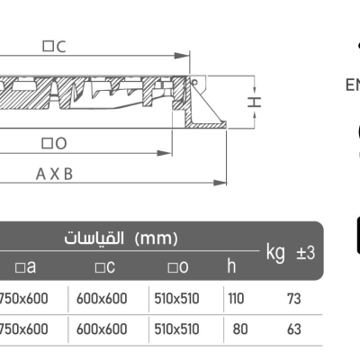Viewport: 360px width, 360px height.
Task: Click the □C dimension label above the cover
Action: tap(54, 47)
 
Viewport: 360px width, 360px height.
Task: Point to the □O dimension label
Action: tap(54, 143)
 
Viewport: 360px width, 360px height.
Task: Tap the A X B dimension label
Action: tap(54, 175)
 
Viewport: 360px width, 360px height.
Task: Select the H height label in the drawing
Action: tap(255, 102)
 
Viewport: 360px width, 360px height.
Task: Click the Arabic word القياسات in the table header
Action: tap(94, 239)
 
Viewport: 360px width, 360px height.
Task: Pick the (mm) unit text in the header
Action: tap(157, 239)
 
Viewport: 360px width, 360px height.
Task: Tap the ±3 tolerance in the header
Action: tap(305, 253)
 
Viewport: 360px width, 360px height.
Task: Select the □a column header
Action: tap(24, 267)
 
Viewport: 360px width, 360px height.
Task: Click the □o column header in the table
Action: tap(176, 267)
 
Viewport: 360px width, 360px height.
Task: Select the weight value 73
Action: tap(294, 299)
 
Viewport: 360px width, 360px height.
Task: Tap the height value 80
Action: tap(240, 329)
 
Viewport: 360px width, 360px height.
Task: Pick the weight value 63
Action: tap(294, 329)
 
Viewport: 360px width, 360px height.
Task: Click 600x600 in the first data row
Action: tap(102, 299)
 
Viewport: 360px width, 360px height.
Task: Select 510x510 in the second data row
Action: tap(176, 329)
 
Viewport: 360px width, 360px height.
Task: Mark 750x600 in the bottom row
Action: tap(23, 329)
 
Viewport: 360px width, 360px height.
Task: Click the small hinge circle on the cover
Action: tap(192, 82)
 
